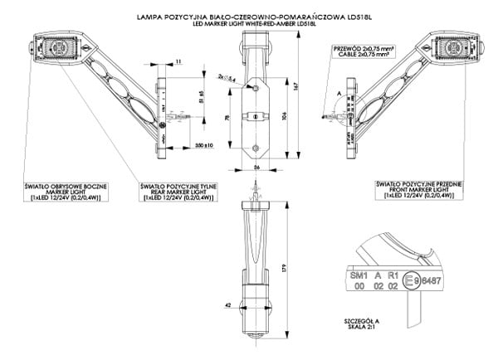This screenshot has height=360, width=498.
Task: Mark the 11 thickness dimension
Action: point(180,61)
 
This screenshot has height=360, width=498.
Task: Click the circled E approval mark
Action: point(408,281)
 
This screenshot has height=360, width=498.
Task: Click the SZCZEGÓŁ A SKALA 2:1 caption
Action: point(348,323)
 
